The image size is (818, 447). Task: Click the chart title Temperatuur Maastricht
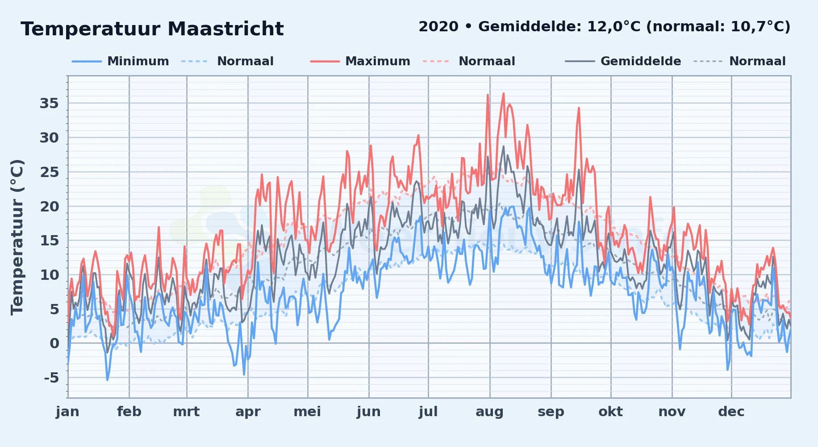tap(152, 29)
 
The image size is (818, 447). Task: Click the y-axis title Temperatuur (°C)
tap(17, 237)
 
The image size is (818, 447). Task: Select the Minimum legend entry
tap(121, 61)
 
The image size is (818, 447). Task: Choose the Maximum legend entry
tap(360, 61)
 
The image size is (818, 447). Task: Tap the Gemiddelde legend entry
tap(623, 61)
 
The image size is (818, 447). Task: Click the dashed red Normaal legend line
tap(436, 61)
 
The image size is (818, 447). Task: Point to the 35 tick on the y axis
tap(49, 104)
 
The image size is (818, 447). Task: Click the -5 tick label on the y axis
tap(51, 378)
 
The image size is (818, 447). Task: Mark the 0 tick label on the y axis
tap(54, 344)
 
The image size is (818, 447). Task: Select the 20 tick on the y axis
tap(49, 207)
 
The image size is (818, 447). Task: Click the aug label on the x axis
tap(490, 412)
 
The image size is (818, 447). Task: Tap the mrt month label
tap(187, 412)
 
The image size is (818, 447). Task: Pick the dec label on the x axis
tap(731, 412)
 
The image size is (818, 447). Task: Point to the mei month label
tap(307, 412)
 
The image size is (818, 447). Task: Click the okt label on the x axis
tap(611, 412)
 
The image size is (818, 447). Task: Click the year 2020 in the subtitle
tap(438, 27)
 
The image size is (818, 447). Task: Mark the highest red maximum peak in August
tap(504, 93)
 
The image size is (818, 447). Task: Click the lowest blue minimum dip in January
tap(107, 380)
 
